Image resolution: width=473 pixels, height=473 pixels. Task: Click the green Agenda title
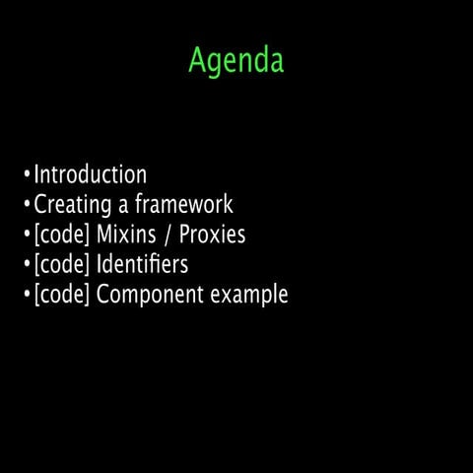tap(236, 61)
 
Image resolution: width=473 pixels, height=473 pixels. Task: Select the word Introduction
tap(91, 175)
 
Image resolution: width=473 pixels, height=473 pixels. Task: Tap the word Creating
tap(70, 206)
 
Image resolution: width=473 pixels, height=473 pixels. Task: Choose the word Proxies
tap(212, 236)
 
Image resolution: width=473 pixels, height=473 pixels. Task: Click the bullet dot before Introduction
tap(27, 176)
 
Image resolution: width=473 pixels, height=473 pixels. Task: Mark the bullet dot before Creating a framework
tap(27, 206)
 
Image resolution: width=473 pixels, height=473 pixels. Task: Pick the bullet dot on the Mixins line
tap(27, 236)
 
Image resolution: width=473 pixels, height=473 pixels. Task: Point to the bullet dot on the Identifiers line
tap(27, 265)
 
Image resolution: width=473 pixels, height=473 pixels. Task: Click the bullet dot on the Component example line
tap(27, 295)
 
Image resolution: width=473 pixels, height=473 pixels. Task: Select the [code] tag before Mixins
tap(62, 236)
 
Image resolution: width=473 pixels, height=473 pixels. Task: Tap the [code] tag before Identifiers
tap(62, 265)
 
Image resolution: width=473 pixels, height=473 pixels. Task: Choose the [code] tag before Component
tap(62, 295)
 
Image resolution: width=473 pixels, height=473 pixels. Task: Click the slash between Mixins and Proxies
tap(169, 236)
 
